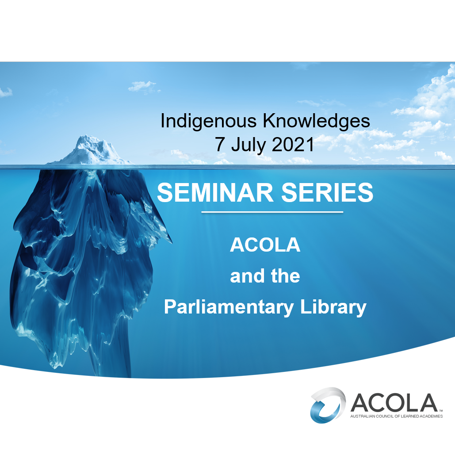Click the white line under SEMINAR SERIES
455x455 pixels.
pyautogui.click(x=272, y=212)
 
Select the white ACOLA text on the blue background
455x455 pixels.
pyautogui.click(x=265, y=245)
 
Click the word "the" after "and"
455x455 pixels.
pyautogui.click(x=286, y=276)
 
